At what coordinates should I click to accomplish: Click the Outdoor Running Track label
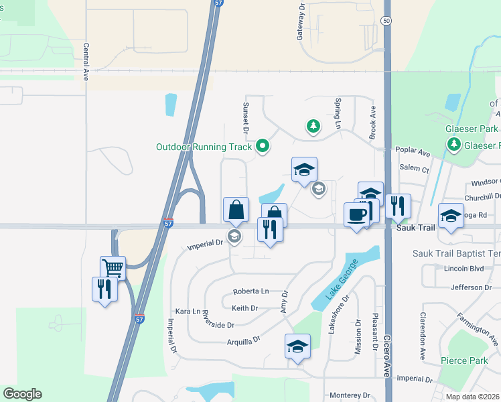coord(204,147)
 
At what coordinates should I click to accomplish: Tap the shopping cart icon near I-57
coord(113,268)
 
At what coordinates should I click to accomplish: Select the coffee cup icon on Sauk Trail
coord(356,214)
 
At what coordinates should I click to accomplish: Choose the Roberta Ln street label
coord(250,291)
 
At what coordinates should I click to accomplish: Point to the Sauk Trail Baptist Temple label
coord(456,255)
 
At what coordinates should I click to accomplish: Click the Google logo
coord(22,394)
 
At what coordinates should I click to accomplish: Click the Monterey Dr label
coord(347,395)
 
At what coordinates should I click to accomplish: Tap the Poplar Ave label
coord(414,153)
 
